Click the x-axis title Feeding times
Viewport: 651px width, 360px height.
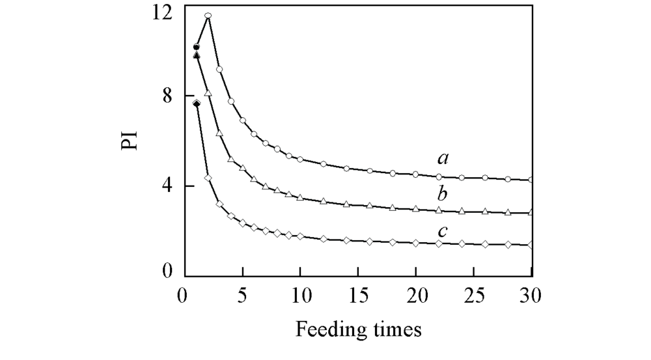(x=359, y=329)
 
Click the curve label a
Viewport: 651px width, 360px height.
(x=443, y=158)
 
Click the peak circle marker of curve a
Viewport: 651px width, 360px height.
(x=208, y=16)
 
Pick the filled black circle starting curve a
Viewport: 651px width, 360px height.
(x=197, y=47)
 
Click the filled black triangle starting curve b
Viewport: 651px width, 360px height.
(x=197, y=55)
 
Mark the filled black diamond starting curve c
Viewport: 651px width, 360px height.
(x=197, y=104)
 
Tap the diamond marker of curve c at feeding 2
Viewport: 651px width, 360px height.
(x=208, y=178)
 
